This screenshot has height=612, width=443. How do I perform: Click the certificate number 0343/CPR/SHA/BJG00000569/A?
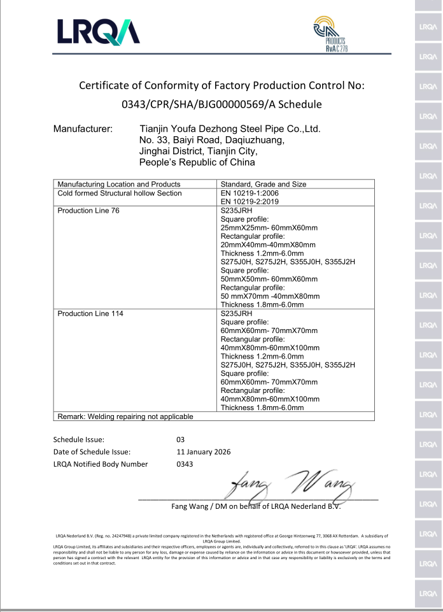click(x=221, y=104)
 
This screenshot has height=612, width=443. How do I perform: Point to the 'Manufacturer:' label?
click(x=83, y=129)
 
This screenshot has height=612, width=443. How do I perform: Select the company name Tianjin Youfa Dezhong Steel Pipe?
click(x=229, y=129)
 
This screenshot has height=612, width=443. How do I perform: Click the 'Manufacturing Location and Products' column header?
click(x=115, y=184)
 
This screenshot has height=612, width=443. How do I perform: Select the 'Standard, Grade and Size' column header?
click(x=263, y=184)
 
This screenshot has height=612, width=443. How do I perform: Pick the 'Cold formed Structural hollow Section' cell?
click(x=120, y=193)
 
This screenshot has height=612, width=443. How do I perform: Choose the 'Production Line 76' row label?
click(x=88, y=210)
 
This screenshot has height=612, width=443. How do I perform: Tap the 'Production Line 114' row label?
click(x=90, y=313)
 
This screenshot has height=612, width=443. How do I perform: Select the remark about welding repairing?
click(x=125, y=416)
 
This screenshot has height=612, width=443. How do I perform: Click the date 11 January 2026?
click(x=203, y=452)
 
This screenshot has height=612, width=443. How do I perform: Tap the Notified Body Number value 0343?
click(x=185, y=464)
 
